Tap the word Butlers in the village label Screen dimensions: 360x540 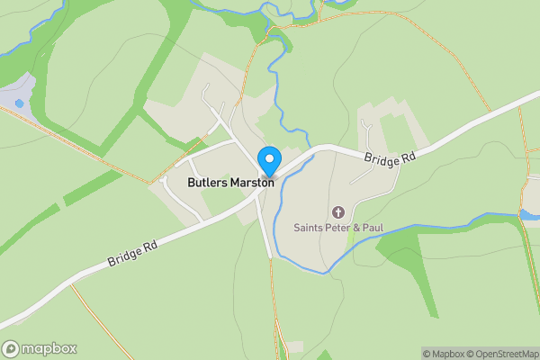click(207, 182)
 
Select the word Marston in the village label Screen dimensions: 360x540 click(251, 182)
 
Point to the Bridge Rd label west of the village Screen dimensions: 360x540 click(133, 251)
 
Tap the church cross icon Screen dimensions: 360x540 click(338, 212)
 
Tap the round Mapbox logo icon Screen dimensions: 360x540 click(12, 349)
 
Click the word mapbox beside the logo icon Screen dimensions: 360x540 click(49, 349)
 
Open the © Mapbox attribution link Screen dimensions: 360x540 click(444, 354)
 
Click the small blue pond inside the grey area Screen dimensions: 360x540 click(20, 103)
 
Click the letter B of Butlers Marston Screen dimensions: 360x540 click(192, 182)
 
